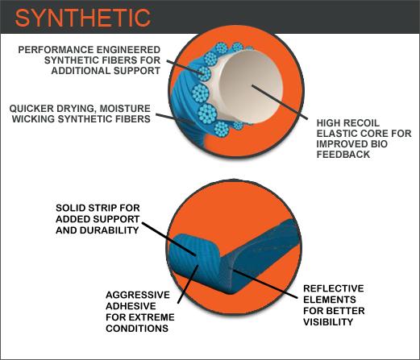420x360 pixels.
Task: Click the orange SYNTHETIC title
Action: pos(83,18)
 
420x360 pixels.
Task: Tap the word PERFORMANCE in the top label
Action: pos(56,50)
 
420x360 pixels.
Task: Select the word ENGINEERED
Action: pos(128,50)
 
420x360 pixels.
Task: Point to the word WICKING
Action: pos(34,119)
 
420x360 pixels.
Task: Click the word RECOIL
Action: pos(362,123)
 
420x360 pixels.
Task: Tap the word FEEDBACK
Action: pos(343,155)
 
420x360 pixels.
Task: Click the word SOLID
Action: pos(71,208)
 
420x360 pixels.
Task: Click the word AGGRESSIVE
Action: pos(138,295)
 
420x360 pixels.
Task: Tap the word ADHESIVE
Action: pos(131,306)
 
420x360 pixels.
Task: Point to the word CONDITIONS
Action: pos(137,328)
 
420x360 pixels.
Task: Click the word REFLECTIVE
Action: pos(334,288)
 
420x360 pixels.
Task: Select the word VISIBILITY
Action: pos(328,321)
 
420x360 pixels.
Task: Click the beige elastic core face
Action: pos(251,87)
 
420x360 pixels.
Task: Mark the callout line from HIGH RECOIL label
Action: pos(280,102)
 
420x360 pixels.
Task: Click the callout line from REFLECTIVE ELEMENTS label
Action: pos(264,283)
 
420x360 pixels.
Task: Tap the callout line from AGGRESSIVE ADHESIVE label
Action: pos(189,284)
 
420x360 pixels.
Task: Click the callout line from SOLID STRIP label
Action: pos(168,238)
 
